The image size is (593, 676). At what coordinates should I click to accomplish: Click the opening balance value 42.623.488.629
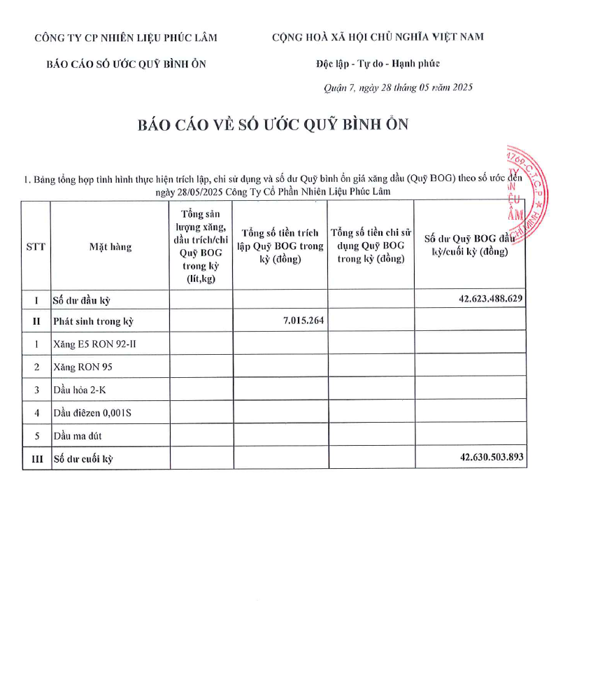pyautogui.click(x=492, y=299)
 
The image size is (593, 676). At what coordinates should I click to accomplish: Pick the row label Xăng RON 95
pyautogui.click(x=83, y=367)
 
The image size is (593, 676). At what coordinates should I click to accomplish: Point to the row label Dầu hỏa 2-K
pyautogui.click(x=80, y=390)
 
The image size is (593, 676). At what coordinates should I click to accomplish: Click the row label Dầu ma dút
pyautogui.click(x=78, y=436)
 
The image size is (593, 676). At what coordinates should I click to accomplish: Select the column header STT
pyautogui.click(x=36, y=246)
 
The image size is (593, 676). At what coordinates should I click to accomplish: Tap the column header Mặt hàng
pyautogui.click(x=110, y=246)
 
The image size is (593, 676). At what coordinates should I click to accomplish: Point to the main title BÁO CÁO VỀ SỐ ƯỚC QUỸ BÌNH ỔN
pyautogui.click(x=273, y=125)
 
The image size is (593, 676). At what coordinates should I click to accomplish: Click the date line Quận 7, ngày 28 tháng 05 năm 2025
pyautogui.click(x=398, y=87)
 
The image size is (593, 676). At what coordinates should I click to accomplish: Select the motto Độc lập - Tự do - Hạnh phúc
pyautogui.click(x=378, y=64)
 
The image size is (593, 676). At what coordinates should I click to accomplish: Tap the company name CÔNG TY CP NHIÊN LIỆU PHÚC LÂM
pyautogui.click(x=126, y=38)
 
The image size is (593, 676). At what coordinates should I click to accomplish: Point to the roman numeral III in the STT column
pyautogui.click(x=36, y=459)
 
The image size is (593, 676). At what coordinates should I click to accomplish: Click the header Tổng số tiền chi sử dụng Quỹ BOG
pyautogui.click(x=371, y=246)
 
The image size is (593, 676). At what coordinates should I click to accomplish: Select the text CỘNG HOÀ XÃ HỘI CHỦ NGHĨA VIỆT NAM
pyautogui.click(x=378, y=37)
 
